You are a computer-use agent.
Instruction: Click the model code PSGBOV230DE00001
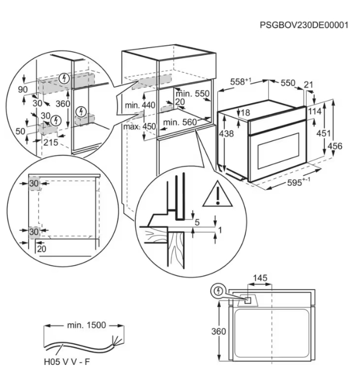tap(304, 26)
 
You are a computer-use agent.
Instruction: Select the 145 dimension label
tap(260, 278)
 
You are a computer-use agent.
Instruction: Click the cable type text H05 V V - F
tap(66, 363)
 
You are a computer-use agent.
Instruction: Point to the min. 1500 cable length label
tap(86, 325)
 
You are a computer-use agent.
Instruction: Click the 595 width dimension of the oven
tap(298, 181)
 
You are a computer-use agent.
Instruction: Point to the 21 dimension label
tap(309, 85)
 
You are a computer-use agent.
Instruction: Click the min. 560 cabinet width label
tap(179, 122)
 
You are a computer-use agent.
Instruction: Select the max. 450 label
tap(139, 126)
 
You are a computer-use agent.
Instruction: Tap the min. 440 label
tap(140, 106)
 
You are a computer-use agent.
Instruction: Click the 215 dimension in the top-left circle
tap(50, 142)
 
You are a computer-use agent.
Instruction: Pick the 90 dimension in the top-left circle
tap(23, 90)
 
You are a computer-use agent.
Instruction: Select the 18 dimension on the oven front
tap(245, 113)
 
